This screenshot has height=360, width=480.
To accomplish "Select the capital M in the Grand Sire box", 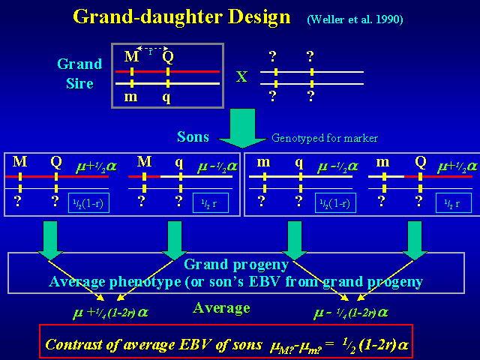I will pos(131,55).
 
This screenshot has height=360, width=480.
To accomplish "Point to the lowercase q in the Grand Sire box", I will pos(166,96).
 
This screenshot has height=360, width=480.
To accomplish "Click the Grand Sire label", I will pos(79,73).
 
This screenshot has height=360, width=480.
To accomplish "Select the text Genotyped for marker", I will pos(325,138).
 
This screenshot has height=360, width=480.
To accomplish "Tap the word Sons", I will pos(193,137).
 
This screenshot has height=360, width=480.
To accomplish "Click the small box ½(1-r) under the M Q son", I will pos(88,202).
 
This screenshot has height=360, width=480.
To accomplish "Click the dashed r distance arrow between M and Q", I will pos(153,49).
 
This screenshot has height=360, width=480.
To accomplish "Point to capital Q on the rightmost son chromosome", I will pos(420,162).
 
